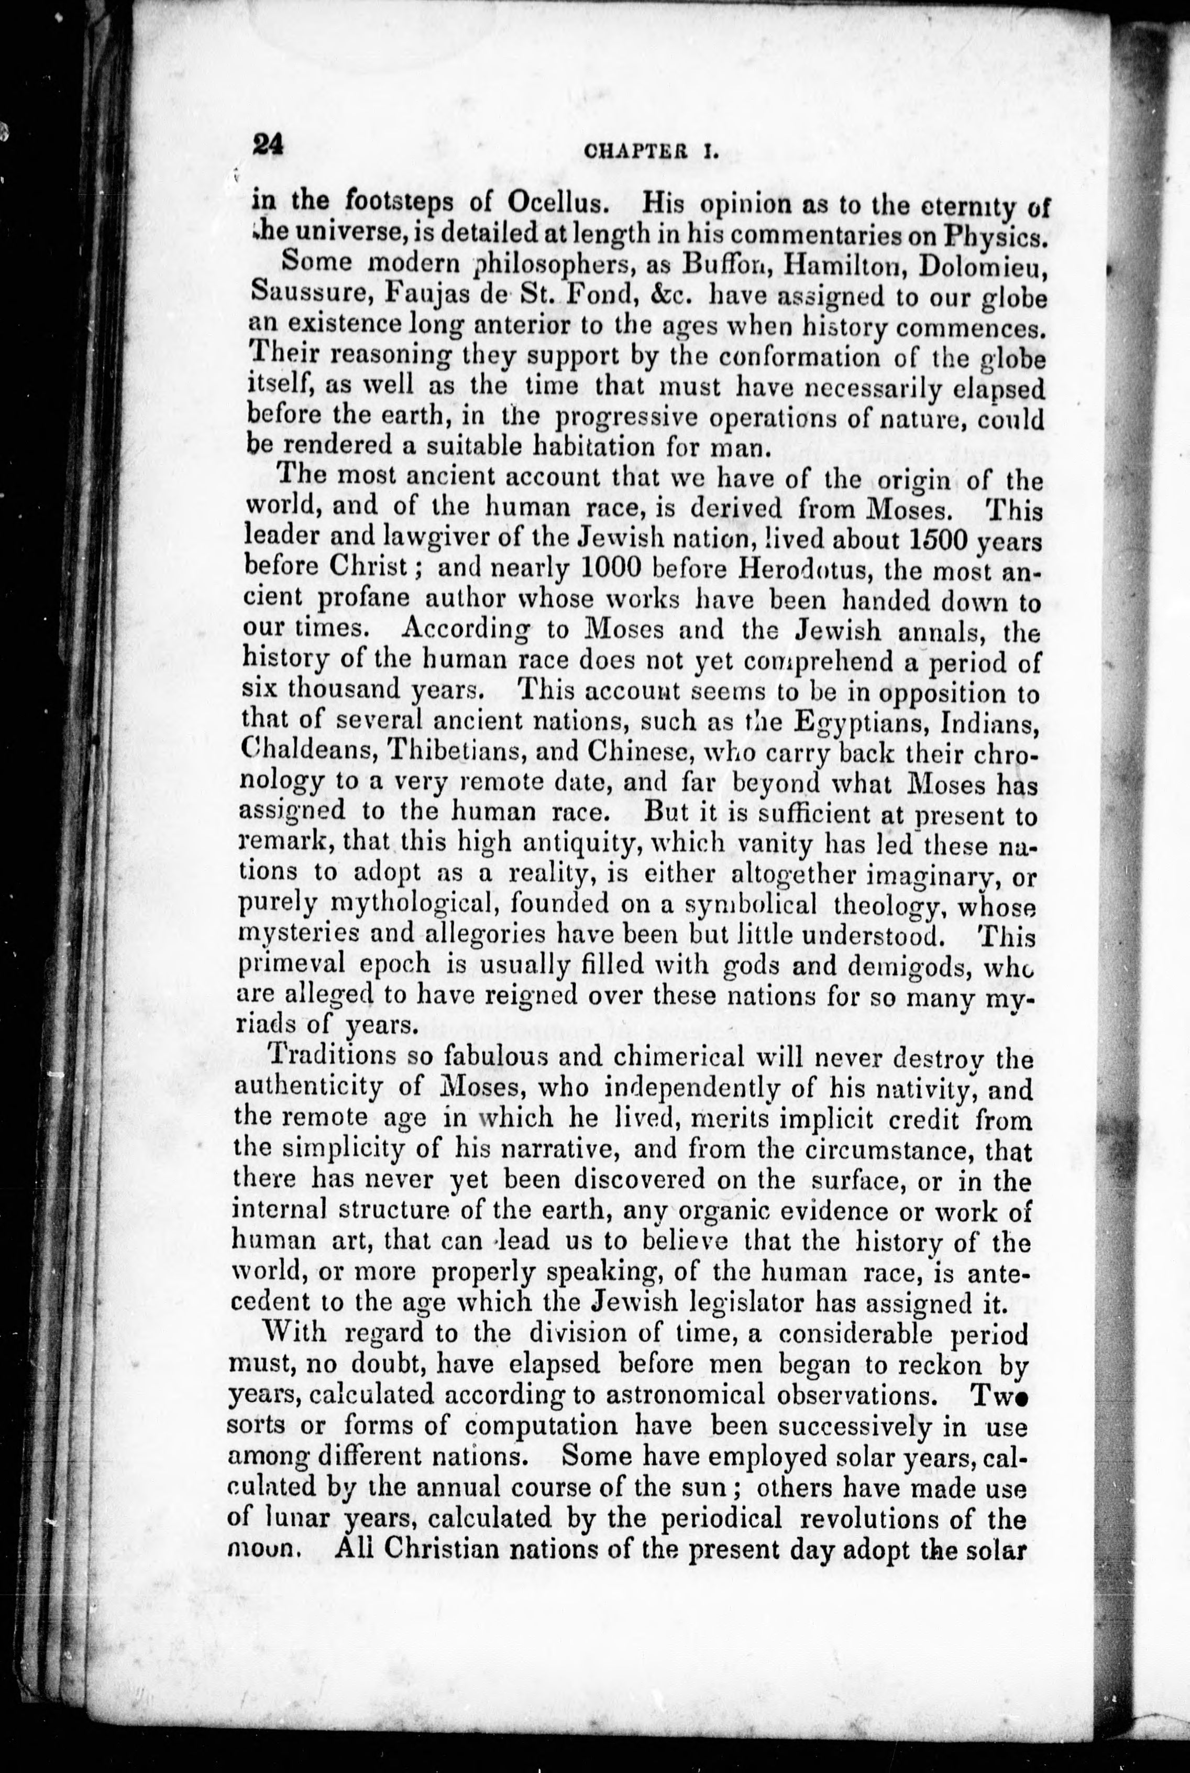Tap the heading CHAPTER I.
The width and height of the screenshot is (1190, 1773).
[x=651, y=152]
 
